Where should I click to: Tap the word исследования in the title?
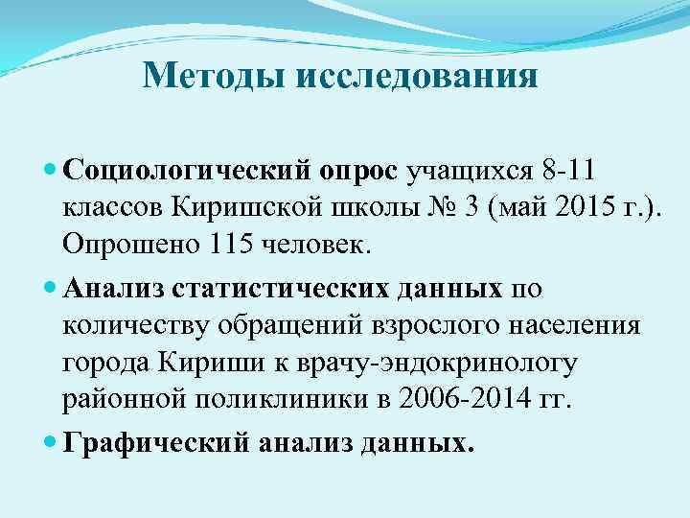pos(416,75)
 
